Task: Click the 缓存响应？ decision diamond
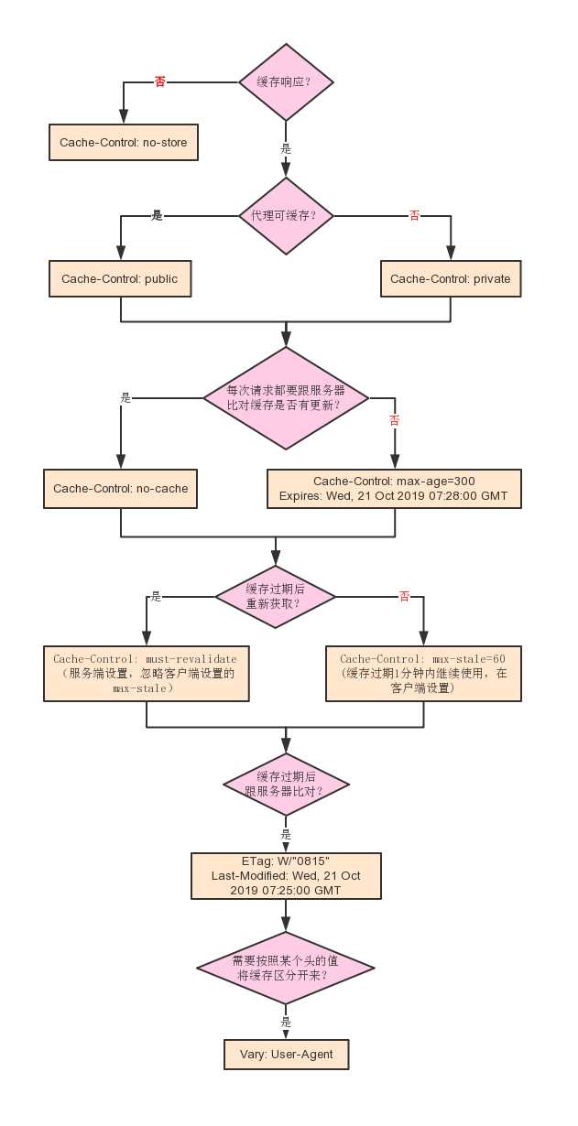pos(286,81)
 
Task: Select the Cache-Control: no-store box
pos(123,143)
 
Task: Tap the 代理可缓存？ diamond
pos(286,216)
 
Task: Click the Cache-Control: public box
pos(120,278)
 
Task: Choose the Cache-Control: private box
pos(451,278)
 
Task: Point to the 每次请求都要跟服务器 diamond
pos(286,397)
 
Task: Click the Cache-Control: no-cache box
pos(121,489)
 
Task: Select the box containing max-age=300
pos(394,489)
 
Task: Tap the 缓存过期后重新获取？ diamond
pos(275,596)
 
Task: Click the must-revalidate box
pos(146,674)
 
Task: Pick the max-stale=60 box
pos(423,674)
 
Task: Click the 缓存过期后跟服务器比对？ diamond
pos(286,785)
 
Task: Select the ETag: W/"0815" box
pos(286,876)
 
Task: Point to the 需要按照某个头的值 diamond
pos(286,969)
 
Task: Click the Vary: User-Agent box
pos(286,1055)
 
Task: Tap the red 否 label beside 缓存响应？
pos(160,81)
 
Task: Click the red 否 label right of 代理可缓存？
pos(414,216)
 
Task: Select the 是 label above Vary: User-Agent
pos(286,1022)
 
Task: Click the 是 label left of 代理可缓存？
pos(157,216)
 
